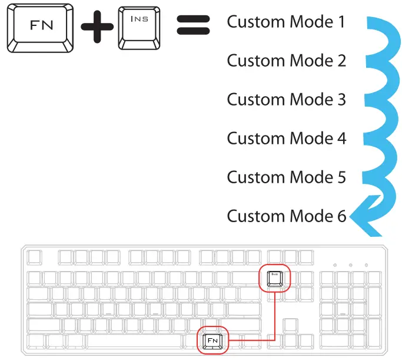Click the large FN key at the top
(40, 27)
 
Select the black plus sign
(97, 28)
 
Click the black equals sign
(193, 28)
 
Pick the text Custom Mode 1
(286, 22)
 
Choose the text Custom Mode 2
(286, 61)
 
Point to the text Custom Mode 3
(286, 100)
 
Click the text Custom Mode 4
(286, 138)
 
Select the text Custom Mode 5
(286, 177)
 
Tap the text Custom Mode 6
(286, 216)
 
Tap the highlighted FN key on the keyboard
(211, 340)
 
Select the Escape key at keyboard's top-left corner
(35, 257)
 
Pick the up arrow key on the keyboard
(290, 325)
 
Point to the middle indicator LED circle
(350, 266)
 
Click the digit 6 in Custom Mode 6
(341, 216)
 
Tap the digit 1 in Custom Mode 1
(341, 22)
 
